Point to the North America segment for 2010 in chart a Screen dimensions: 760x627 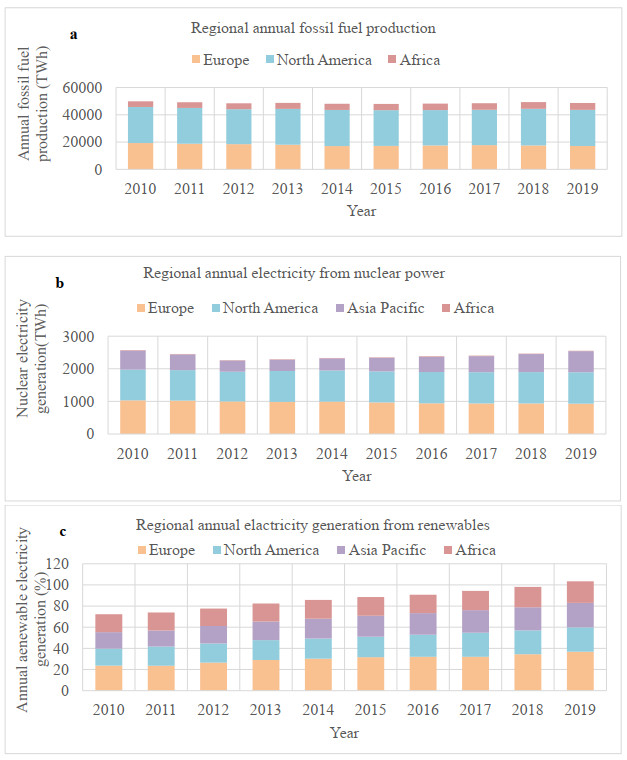(x=141, y=125)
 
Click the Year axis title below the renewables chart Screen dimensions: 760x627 (x=345, y=733)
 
